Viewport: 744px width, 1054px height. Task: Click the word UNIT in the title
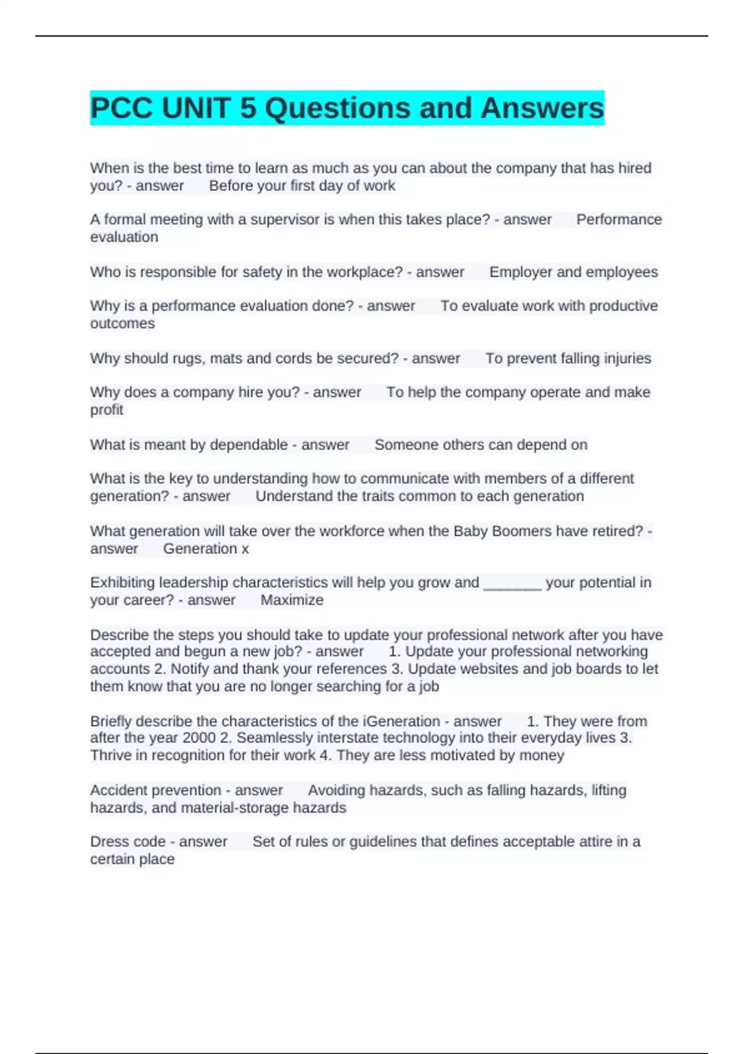click(196, 108)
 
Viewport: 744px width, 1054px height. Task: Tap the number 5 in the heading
click(247, 108)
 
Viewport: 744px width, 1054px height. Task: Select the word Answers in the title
click(542, 108)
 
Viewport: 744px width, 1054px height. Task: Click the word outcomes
click(122, 324)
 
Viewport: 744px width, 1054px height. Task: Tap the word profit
click(107, 410)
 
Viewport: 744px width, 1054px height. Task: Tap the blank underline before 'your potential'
click(512, 583)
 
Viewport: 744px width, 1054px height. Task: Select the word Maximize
click(291, 600)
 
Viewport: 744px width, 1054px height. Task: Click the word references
click(353, 669)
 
